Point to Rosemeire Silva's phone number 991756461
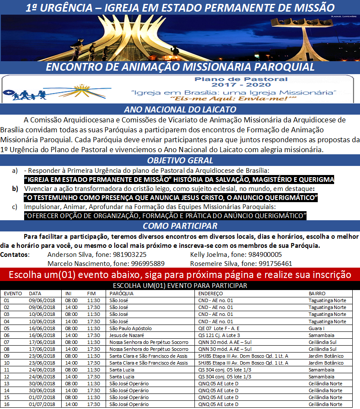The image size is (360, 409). coord(275,263)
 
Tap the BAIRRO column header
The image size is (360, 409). coord(317,293)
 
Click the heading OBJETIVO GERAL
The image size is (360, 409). coord(180,161)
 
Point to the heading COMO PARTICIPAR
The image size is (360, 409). coord(180,226)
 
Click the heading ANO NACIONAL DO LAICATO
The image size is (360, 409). coord(180,109)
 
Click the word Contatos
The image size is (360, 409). coord(15,255)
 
